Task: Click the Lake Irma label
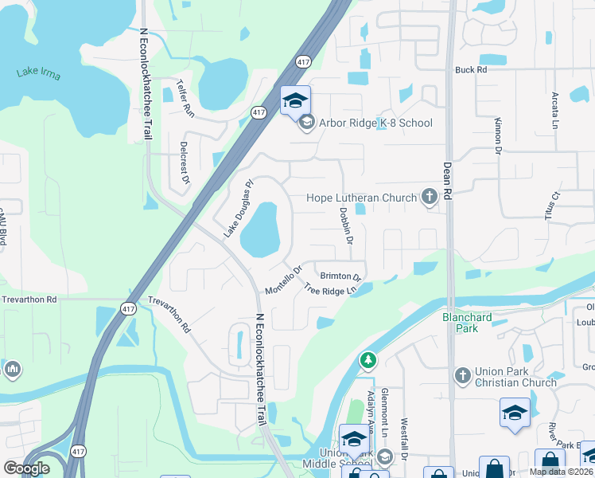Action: point(38,74)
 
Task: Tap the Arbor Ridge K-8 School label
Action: point(375,123)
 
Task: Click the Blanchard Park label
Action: point(467,323)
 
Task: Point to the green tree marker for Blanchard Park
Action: point(367,361)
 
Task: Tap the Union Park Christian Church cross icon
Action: point(463,374)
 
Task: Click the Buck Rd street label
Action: point(470,70)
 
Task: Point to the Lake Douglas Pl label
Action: point(237,208)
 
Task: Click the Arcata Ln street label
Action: point(555,110)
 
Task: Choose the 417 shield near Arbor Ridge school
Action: point(259,112)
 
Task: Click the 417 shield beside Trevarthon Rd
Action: point(128,308)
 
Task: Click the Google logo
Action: point(26,468)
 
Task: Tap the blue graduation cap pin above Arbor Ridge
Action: point(295,100)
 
